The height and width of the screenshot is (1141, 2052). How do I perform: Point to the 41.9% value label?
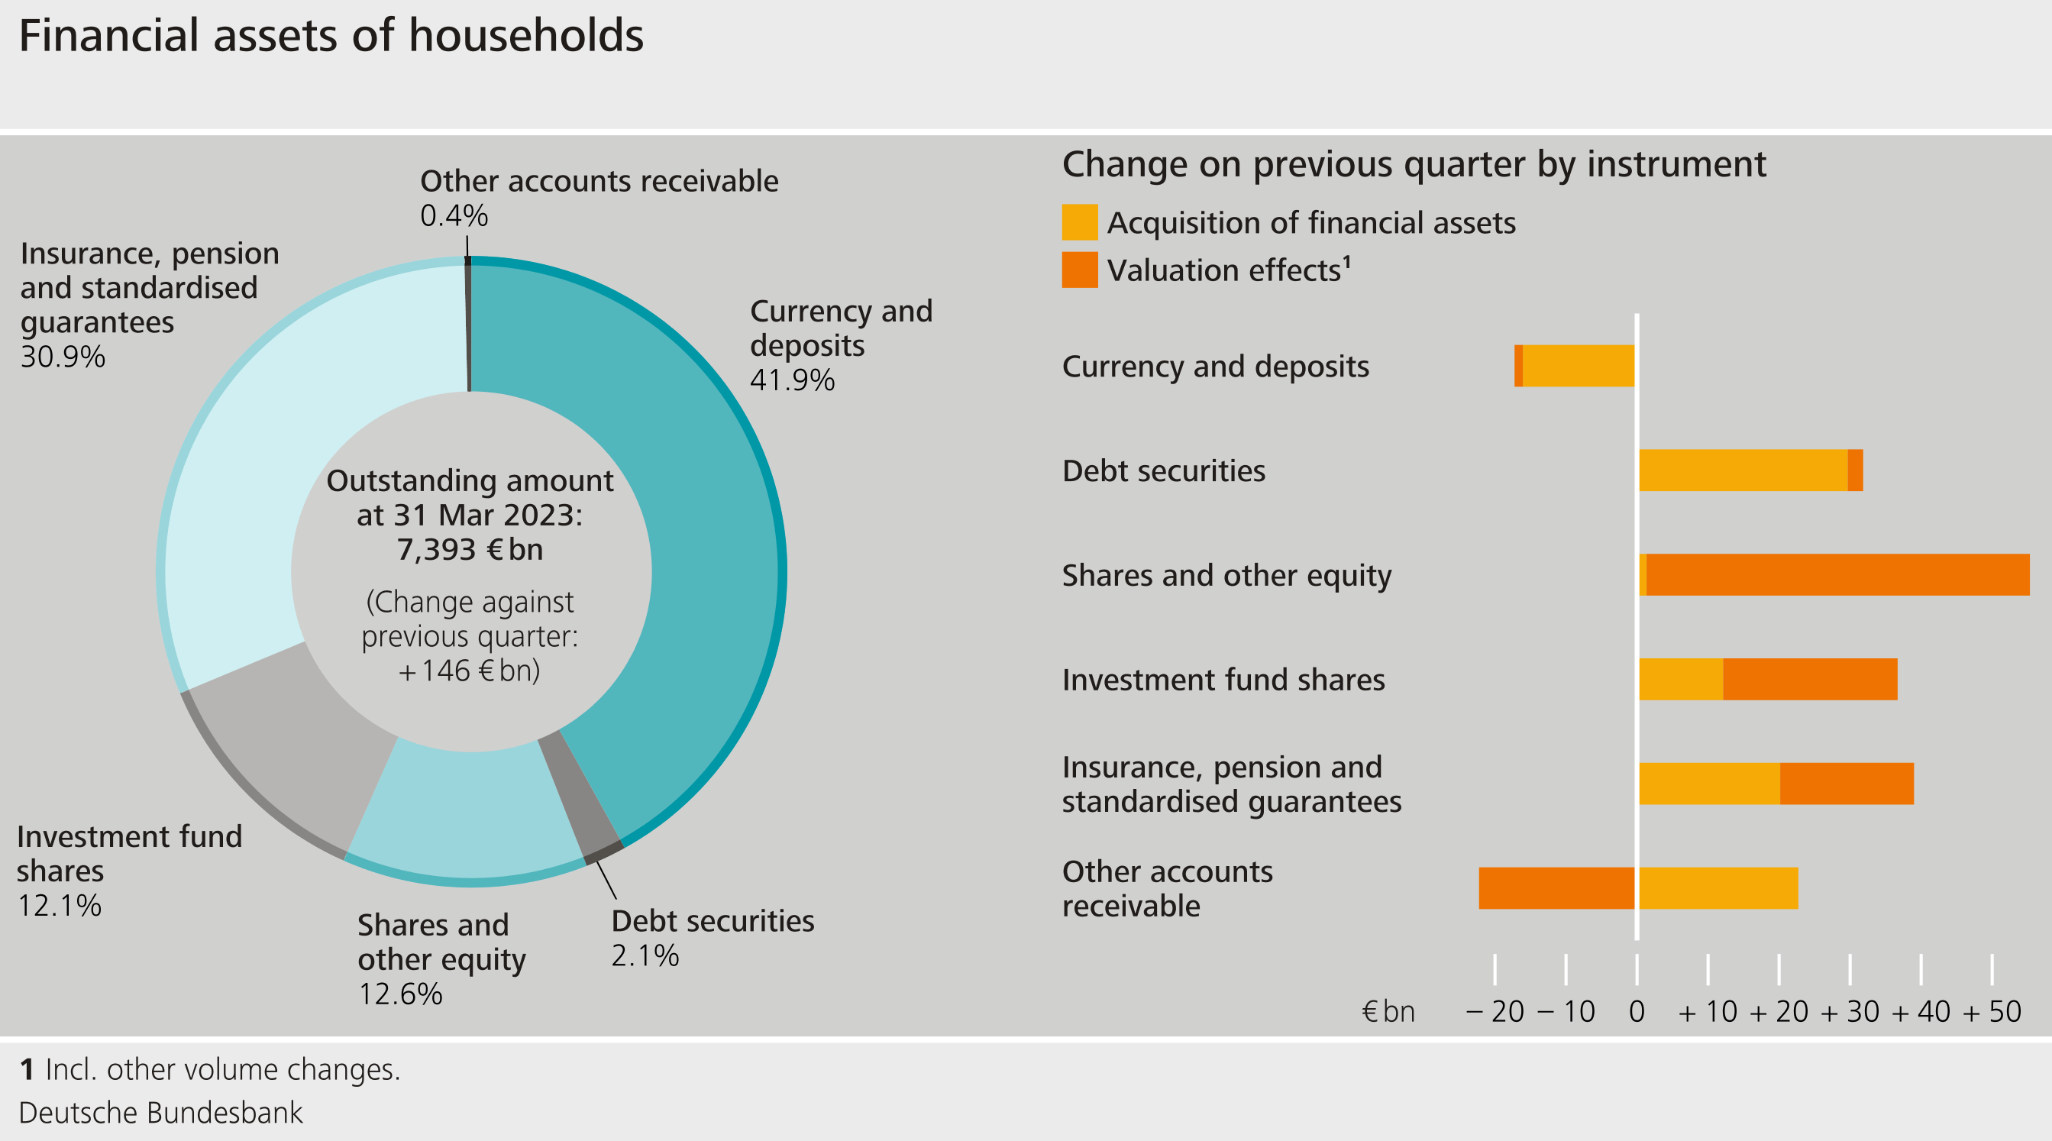[792, 380]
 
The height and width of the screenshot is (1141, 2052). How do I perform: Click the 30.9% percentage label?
[63, 357]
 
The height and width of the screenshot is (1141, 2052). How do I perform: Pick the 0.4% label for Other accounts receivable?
[454, 216]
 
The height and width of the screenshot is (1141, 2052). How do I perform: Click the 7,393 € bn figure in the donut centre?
[470, 550]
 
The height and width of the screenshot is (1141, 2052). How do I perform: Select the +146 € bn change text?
[470, 671]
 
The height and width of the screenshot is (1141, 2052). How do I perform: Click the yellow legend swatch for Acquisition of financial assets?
[1079, 222]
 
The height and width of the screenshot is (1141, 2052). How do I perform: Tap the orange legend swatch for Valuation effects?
[1079, 270]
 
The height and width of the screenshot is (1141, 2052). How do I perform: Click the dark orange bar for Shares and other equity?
[1837, 574]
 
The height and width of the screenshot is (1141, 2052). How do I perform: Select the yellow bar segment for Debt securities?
[1743, 470]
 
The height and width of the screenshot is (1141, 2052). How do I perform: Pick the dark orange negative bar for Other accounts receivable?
[1556, 887]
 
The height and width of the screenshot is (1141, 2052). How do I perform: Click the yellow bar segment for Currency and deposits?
[1578, 366]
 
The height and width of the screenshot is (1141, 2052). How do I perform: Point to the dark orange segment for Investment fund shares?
[1810, 679]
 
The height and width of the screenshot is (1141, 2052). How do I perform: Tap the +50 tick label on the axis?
[1992, 1012]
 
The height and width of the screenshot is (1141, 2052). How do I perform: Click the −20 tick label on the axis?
[1495, 1012]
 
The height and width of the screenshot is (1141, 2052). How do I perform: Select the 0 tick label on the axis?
[1637, 1012]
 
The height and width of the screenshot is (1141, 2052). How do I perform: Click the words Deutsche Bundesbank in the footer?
[161, 1112]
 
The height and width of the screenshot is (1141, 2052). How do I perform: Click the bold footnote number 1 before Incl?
[27, 1069]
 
